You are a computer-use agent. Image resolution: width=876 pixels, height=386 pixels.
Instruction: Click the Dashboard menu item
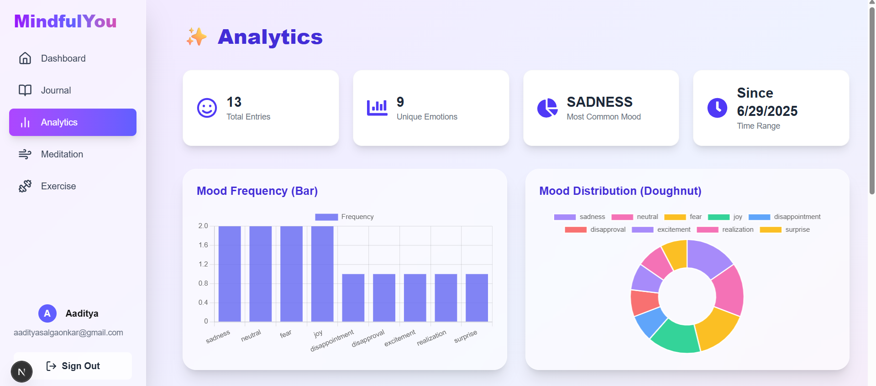tap(63, 58)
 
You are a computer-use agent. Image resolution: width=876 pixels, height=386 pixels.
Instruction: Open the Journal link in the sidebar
tap(56, 90)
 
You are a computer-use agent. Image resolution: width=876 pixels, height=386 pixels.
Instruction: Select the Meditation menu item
tap(62, 154)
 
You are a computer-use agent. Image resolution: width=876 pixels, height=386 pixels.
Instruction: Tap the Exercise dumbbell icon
tap(25, 186)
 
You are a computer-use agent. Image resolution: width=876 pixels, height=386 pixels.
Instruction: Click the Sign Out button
tap(73, 366)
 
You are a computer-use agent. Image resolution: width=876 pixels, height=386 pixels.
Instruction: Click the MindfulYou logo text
tap(65, 21)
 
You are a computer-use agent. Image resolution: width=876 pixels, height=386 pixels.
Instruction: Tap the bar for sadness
tap(230, 274)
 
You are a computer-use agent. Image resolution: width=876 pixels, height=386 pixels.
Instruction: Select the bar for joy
tap(322, 274)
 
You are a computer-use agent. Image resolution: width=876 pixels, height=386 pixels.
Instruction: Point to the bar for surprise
tap(477, 297)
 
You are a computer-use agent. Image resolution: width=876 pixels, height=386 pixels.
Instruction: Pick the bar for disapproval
tap(384, 297)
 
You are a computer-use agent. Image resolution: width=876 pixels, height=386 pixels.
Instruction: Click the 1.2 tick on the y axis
tap(203, 264)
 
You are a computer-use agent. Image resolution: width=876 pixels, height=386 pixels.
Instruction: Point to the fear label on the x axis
tap(286, 334)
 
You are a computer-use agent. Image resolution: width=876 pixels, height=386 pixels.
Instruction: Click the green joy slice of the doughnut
tap(674, 337)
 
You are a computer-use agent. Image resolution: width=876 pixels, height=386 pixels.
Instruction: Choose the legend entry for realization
tap(725, 230)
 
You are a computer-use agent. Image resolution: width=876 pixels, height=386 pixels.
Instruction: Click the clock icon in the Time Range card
tap(717, 108)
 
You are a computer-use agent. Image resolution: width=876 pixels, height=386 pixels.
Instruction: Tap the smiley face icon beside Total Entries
tap(207, 108)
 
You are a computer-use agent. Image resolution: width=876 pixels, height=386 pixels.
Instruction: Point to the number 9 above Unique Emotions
tap(400, 102)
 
